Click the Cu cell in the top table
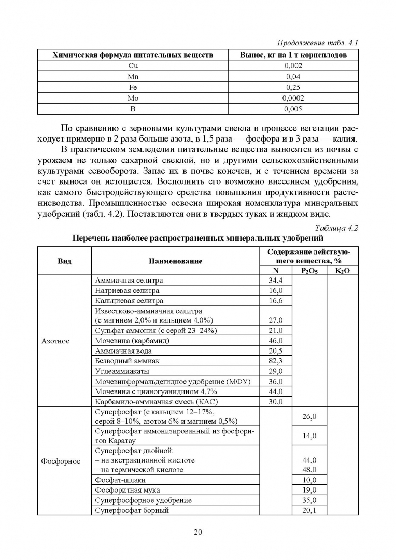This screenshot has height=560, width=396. point(133,66)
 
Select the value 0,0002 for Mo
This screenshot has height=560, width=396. point(293,98)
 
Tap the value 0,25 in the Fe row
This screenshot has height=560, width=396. point(293,88)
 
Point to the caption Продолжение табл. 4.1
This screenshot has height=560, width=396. point(319,43)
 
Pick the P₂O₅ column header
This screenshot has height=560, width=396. point(309,271)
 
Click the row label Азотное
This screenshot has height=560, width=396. point(55,341)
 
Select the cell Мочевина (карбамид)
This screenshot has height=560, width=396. point(132,341)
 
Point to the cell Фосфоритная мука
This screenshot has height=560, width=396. point(128,490)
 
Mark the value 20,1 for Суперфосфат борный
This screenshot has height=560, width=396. point(309,510)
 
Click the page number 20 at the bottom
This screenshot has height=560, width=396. point(197,531)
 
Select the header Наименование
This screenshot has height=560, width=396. point(175,261)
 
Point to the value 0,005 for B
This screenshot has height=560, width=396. point(293,109)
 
